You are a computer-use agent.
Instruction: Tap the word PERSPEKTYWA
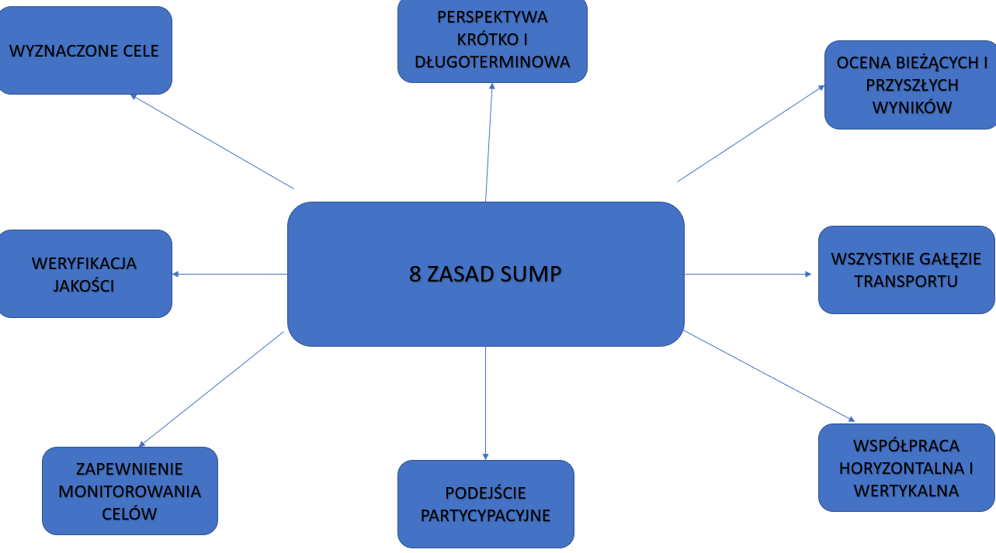[492, 16]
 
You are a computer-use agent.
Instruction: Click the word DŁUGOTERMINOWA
[492, 62]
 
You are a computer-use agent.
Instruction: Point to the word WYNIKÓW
[911, 107]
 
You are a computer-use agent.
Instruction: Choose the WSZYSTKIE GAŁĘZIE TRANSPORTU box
[906, 270]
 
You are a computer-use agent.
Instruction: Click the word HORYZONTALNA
[899, 468]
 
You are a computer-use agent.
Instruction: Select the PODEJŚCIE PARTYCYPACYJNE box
[485, 504]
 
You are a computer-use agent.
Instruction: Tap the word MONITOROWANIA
[130, 492]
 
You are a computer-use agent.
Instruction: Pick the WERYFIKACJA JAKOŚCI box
[84, 274]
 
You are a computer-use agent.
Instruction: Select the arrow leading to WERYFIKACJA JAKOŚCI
[229, 274]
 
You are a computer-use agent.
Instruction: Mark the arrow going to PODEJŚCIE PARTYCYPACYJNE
[485, 403]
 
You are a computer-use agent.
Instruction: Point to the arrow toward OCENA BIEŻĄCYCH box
[751, 133]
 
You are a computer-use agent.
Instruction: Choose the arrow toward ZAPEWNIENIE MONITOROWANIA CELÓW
[211, 389]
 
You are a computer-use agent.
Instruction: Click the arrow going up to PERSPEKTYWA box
[489, 142]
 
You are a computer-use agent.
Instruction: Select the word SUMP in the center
[532, 275]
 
